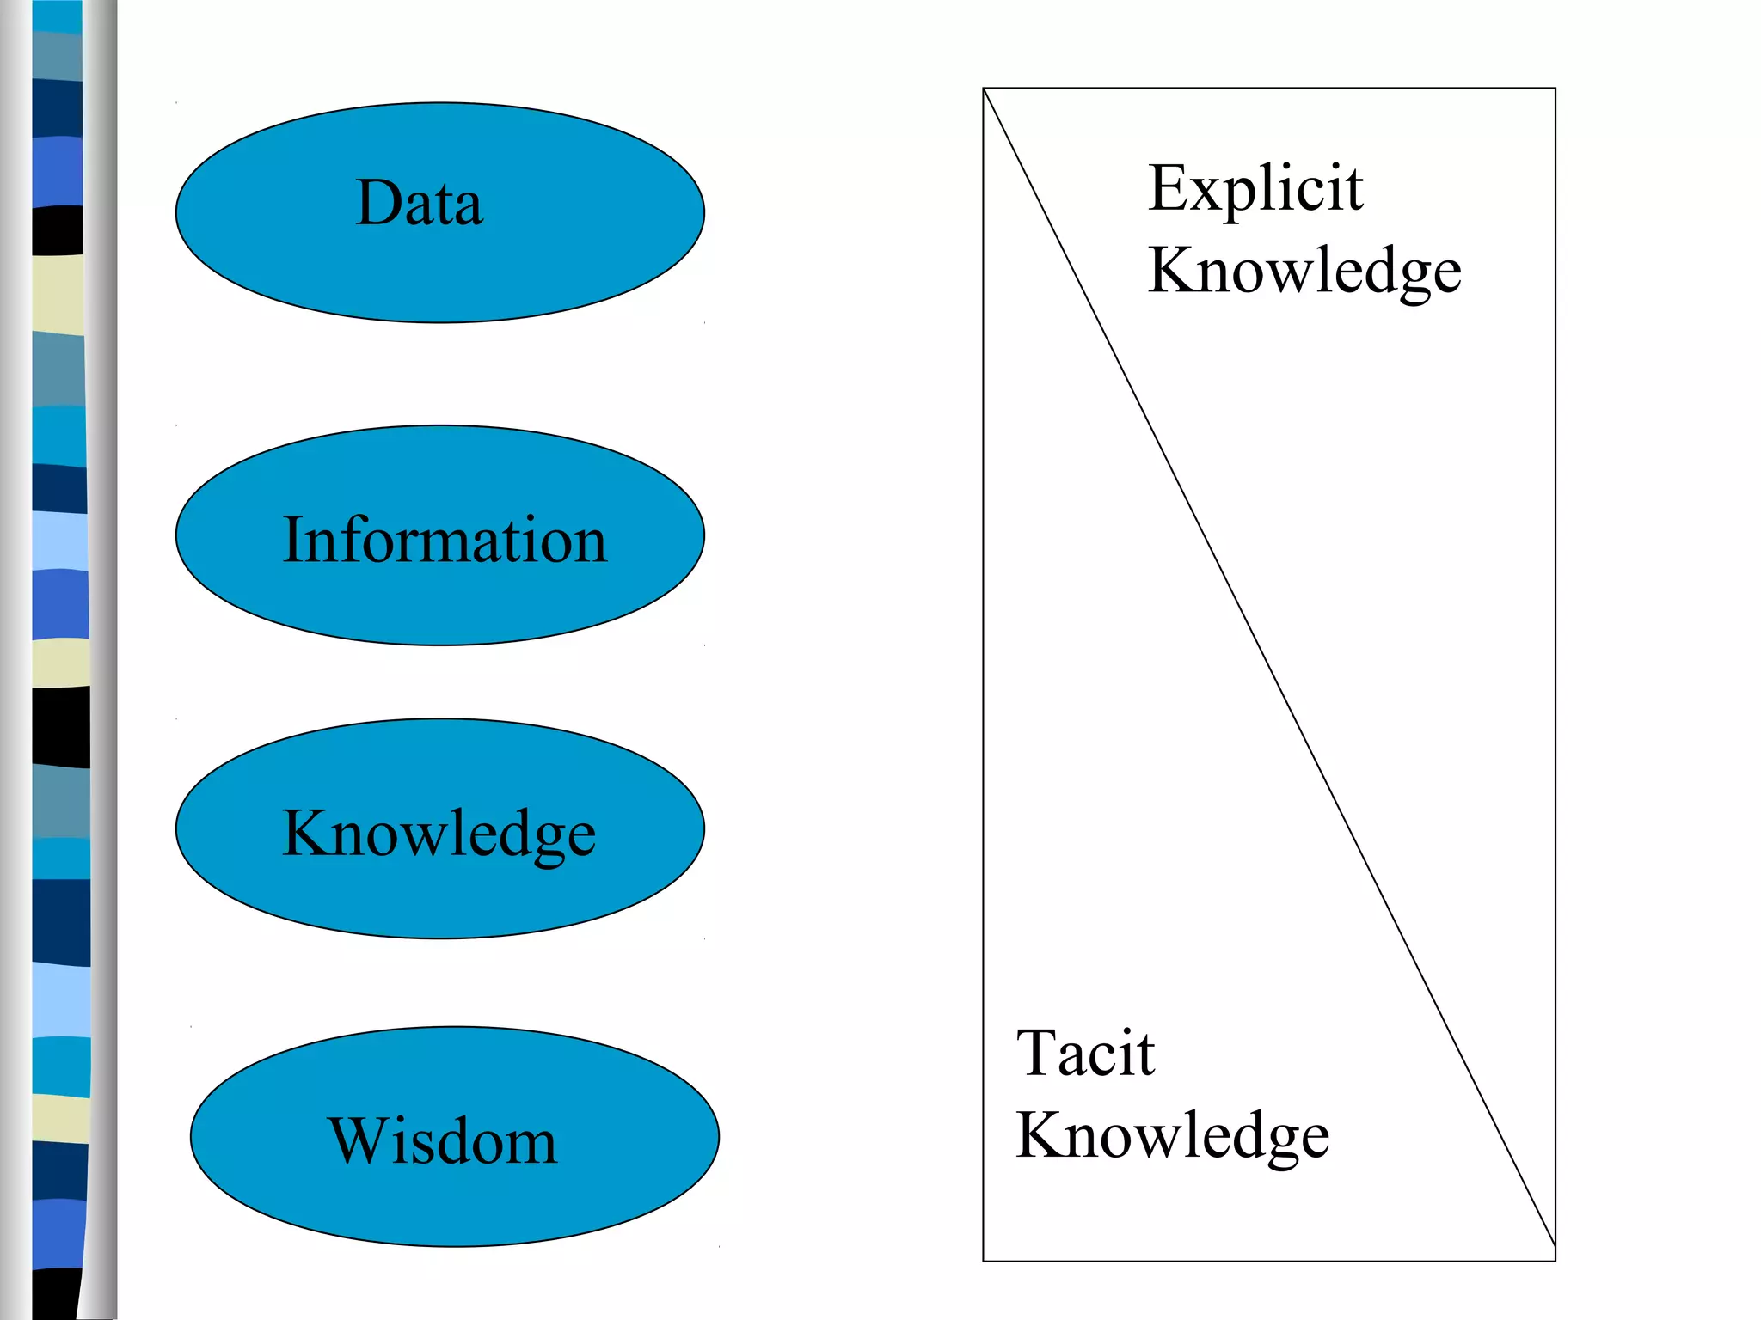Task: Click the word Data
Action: pos(420,203)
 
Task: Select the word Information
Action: pos(445,540)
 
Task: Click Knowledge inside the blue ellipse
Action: pos(439,833)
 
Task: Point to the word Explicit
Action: pos(1255,189)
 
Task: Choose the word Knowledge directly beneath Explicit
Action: pos(1304,271)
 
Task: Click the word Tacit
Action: pos(1085,1053)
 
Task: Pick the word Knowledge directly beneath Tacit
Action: pos(1173,1136)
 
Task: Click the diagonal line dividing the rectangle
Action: pos(1269,667)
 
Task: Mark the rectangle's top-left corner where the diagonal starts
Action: pos(984,89)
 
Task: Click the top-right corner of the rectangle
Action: pos(1555,89)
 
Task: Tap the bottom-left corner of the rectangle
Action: pos(984,1261)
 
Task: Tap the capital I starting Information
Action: pos(292,540)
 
